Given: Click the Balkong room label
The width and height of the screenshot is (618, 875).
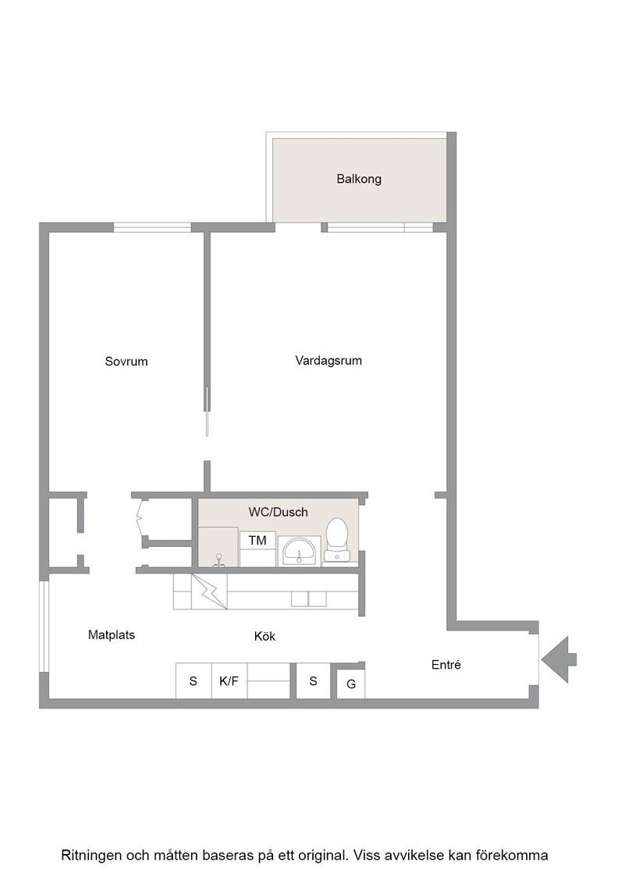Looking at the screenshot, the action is pyautogui.click(x=359, y=179).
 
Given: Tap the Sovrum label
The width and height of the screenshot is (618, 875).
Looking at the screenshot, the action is pyautogui.click(x=126, y=361).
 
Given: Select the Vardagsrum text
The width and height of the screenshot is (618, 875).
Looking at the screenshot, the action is pyautogui.click(x=329, y=360).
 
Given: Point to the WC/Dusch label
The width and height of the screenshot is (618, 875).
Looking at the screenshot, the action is pyautogui.click(x=278, y=512).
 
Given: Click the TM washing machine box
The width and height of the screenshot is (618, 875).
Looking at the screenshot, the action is pyautogui.click(x=257, y=540).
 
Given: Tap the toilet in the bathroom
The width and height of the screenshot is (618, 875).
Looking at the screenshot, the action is pyautogui.click(x=337, y=540).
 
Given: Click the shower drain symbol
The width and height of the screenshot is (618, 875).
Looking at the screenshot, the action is pyautogui.click(x=219, y=560).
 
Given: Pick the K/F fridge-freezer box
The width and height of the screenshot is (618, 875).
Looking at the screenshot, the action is pyautogui.click(x=229, y=680).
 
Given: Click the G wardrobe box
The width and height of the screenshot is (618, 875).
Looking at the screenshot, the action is pyautogui.click(x=351, y=684).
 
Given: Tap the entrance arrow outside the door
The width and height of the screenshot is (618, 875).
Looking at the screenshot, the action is pyautogui.click(x=559, y=659).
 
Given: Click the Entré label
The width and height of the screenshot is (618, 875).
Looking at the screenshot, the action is pyautogui.click(x=446, y=665).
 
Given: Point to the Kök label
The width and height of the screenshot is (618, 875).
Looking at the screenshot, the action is pyautogui.click(x=265, y=636).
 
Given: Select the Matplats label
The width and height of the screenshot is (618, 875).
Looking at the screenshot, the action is pyautogui.click(x=112, y=635).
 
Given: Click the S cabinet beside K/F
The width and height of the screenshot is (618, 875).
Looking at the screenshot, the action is pyautogui.click(x=194, y=680).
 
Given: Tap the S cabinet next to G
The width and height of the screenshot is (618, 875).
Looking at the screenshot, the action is pyautogui.click(x=313, y=680).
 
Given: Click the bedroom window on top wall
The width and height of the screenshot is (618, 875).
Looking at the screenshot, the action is pyautogui.click(x=152, y=227).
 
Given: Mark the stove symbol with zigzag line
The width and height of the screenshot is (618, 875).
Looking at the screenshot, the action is pyautogui.click(x=209, y=591).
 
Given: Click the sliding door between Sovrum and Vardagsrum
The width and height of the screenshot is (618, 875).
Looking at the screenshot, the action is pyautogui.click(x=208, y=411).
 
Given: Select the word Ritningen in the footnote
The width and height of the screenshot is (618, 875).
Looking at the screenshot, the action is pyautogui.click(x=91, y=855).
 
